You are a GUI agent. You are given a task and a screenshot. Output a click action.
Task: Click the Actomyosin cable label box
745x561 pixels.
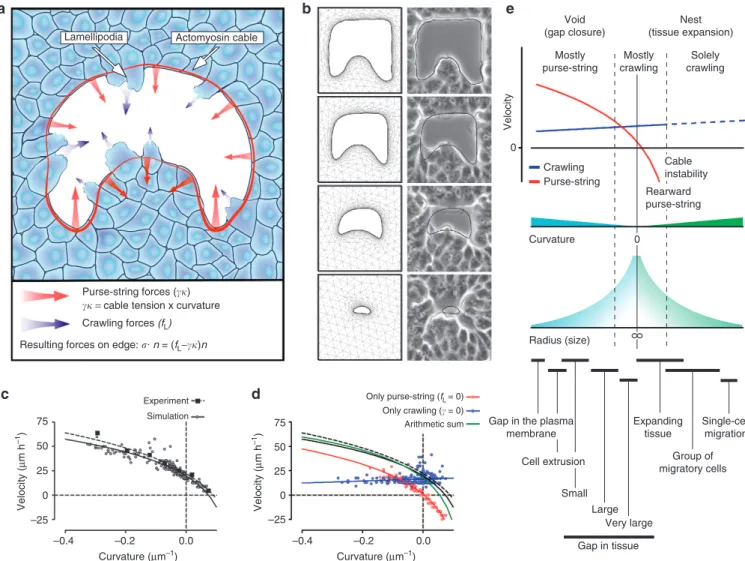pos(217,38)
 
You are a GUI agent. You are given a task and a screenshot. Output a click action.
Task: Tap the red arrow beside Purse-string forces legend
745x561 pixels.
pos(46,296)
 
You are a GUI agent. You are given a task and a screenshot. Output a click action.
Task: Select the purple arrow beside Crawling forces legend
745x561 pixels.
pos(46,324)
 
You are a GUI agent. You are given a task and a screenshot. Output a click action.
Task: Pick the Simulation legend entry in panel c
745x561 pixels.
pos(175,416)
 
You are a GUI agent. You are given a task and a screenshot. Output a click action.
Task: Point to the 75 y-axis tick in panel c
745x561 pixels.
pos(42,422)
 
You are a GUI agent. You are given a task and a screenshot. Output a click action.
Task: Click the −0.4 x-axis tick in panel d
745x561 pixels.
pos(301,541)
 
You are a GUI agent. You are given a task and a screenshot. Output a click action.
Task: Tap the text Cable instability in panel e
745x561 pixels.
pos(686,167)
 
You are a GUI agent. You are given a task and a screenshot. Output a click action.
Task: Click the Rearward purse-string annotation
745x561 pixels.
pos(673,198)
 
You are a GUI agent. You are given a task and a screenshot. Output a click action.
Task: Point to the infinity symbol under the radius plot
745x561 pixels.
pos(637,336)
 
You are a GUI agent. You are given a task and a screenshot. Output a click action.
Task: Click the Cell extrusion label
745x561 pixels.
pos(553,461)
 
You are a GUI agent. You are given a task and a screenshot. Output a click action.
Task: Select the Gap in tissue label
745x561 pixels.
pos(608,546)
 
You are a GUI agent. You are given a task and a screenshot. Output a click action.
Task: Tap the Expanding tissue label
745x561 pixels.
pos(658,427)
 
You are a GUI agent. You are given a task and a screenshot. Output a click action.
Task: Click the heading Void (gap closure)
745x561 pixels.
pos(574,26)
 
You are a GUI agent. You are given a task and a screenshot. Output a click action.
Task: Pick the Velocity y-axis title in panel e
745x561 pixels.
pos(508,112)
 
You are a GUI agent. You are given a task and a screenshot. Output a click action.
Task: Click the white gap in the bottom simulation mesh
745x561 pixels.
pos(362,310)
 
